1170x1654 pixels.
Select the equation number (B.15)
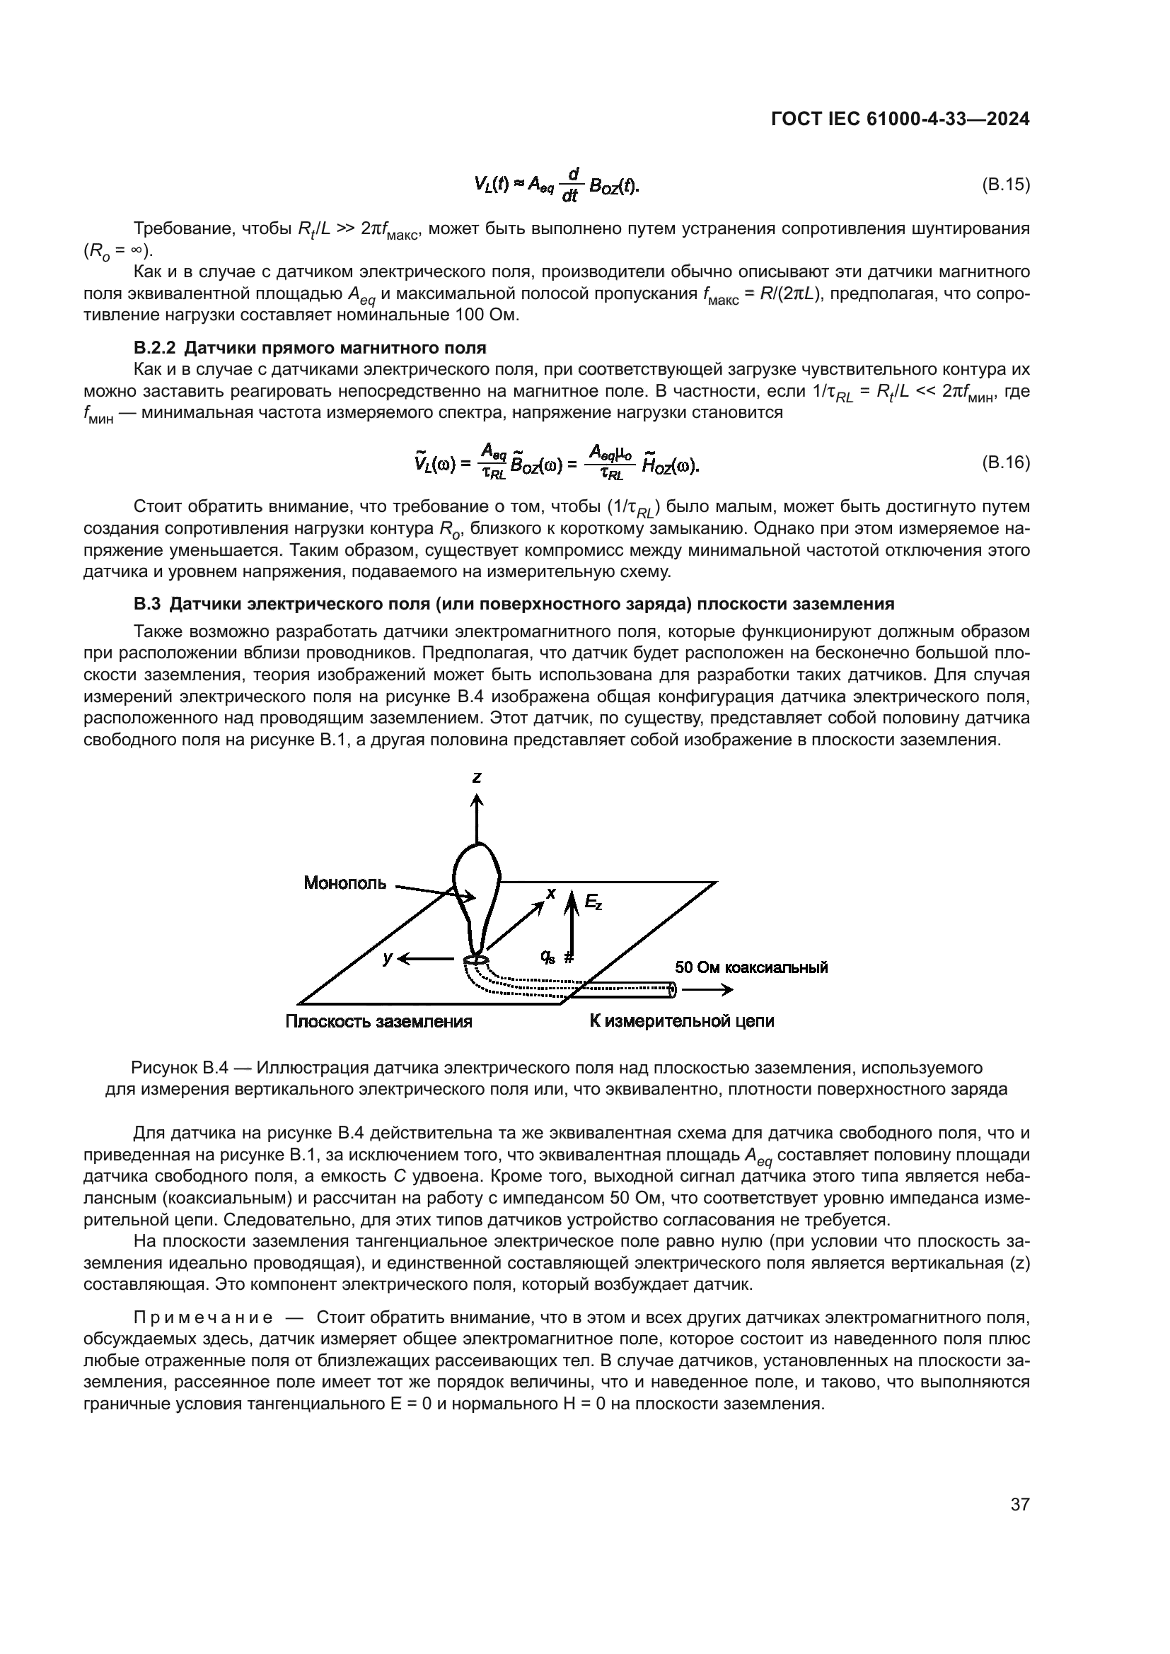click(x=1006, y=185)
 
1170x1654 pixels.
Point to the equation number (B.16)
click(x=1006, y=462)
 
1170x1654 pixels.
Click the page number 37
click(x=1019, y=1505)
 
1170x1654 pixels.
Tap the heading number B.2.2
click(x=154, y=349)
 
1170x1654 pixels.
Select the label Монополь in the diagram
click(x=345, y=883)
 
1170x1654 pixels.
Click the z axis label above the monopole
click(x=477, y=777)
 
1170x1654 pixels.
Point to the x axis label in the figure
click(x=551, y=894)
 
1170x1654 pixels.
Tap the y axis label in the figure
click(x=388, y=957)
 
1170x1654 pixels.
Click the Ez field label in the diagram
click(x=593, y=902)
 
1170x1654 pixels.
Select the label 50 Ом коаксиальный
click(x=751, y=967)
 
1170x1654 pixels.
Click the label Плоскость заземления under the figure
click(x=379, y=1022)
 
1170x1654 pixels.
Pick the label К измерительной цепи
click(x=681, y=1021)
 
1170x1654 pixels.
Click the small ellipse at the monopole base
click(x=476, y=960)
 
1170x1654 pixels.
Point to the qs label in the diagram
click(x=548, y=957)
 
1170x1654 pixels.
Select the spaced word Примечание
click(x=203, y=1318)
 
